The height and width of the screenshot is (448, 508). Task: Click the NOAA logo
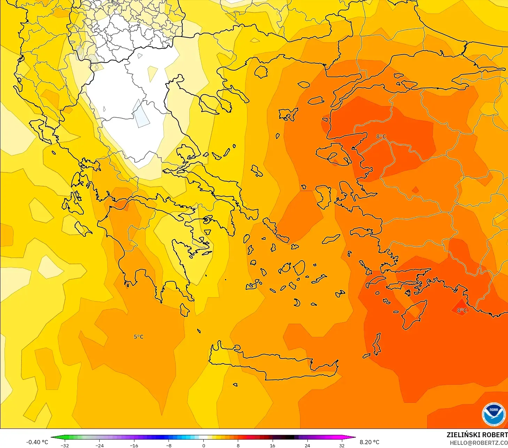(x=493, y=414)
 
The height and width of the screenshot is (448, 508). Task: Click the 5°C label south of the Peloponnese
(x=139, y=337)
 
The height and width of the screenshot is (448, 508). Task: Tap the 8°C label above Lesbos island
(x=381, y=136)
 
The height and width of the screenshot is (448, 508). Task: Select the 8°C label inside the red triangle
(x=462, y=310)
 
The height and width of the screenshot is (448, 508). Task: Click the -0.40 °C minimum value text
(x=37, y=442)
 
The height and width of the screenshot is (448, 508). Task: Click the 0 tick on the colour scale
(x=204, y=445)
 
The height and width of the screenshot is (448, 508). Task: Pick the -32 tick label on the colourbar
(x=65, y=445)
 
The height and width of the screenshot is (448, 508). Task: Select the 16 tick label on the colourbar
(x=273, y=445)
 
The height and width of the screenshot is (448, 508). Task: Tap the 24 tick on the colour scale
(x=307, y=445)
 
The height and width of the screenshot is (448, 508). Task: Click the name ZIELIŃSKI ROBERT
(x=477, y=435)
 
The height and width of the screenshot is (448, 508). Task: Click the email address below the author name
(x=478, y=443)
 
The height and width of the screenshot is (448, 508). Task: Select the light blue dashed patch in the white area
(x=141, y=115)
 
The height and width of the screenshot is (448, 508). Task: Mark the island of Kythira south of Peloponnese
(x=185, y=309)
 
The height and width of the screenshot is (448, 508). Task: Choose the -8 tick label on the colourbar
(x=169, y=445)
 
